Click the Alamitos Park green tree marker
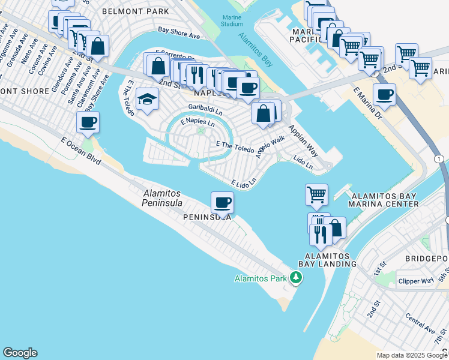pyautogui.click(x=295, y=278)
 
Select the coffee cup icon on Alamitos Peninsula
pyautogui.click(x=222, y=203)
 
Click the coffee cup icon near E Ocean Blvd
pyautogui.click(x=88, y=122)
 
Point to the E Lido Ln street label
pyautogui.click(x=244, y=181)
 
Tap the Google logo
pyautogui.click(x=20, y=353)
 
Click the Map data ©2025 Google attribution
pyautogui.click(x=412, y=355)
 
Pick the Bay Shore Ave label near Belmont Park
pyautogui.click(x=178, y=32)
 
